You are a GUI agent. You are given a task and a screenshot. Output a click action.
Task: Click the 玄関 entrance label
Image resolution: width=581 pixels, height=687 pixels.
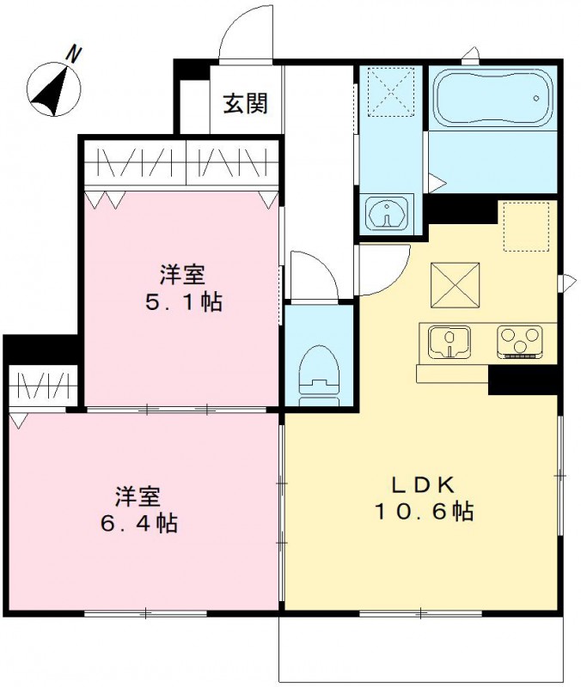[246, 104]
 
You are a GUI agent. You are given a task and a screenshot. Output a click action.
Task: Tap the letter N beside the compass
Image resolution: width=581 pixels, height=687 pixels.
[75, 55]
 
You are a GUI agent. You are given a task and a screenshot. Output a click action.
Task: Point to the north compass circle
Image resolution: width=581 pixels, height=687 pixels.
[53, 89]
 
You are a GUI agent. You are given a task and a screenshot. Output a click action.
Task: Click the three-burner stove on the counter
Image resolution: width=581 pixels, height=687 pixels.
[520, 341]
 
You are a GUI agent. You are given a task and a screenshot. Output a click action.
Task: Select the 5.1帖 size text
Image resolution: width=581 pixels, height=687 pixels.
[181, 302]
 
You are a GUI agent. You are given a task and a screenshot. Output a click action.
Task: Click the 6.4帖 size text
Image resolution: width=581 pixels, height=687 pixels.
[138, 522]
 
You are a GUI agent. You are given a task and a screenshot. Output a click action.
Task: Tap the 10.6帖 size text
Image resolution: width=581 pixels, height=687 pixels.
[423, 513]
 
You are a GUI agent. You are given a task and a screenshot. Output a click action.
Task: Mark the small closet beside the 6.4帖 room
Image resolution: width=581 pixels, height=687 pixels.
[44, 386]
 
